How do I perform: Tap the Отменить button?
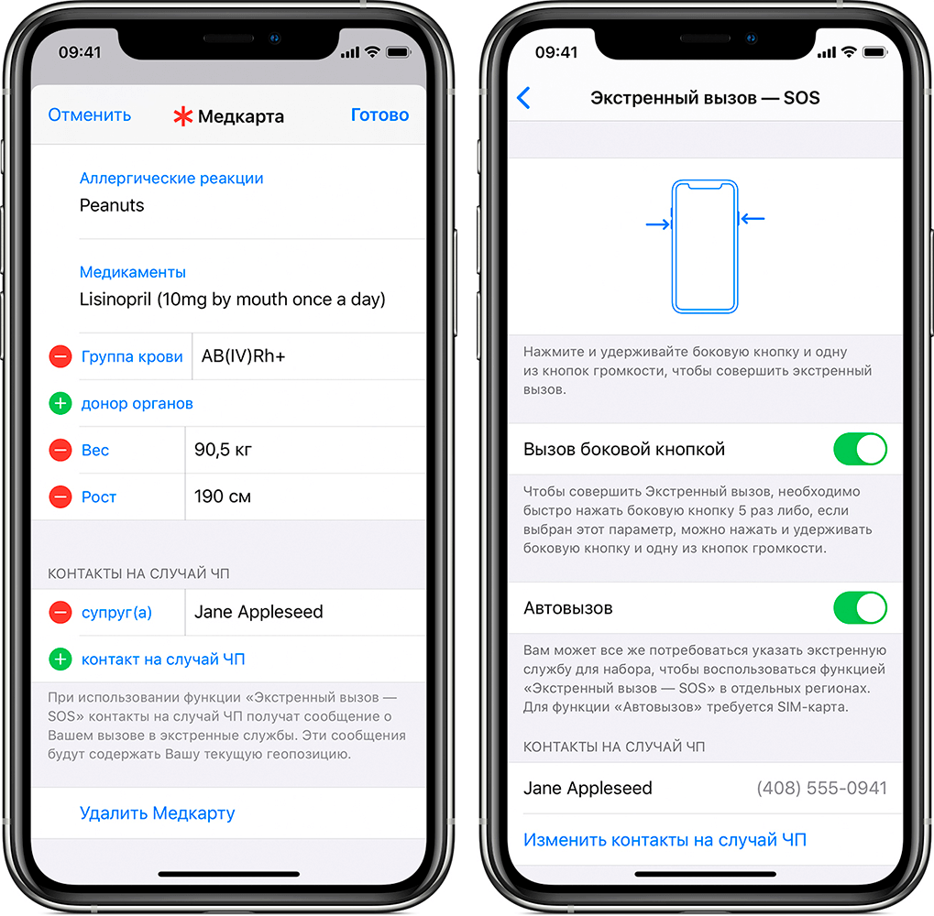(89, 114)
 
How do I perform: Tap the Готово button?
(379, 114)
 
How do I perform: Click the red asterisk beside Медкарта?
(183, 116)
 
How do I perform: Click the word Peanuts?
(112, 205)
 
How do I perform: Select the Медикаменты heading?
(133, 272)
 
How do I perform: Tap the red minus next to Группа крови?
(60, 356)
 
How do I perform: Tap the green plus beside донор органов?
(60, 404)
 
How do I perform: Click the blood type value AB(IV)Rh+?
(244, 356)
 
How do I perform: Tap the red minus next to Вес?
(60, 450)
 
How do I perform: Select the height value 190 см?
(223, 496)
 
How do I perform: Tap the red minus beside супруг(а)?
(60, 613)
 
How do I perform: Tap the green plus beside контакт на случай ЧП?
(60, 660)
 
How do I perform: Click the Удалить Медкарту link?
(158, 813)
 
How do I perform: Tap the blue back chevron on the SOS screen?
(523, 98)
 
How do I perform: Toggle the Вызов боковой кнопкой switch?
(860, 449)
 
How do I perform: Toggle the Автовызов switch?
(860, 607)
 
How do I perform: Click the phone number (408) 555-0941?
(822, 788)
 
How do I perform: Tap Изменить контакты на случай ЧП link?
(665, 840)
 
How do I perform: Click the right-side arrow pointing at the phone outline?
(753, 219)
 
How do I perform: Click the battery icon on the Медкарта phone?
(399, 52)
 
